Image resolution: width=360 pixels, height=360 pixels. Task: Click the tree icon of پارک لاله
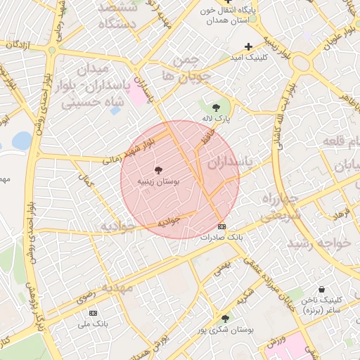tap(215, 108)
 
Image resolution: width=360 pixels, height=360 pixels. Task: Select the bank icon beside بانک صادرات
tap(222, 226)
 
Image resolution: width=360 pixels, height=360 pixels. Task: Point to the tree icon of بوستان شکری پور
tap(225, 318)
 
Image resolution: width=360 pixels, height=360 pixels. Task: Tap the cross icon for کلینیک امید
tap(247, 46)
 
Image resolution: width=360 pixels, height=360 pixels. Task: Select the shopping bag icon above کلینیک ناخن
tap(321, 289)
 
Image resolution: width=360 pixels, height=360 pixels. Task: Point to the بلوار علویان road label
tap(340, 32)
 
